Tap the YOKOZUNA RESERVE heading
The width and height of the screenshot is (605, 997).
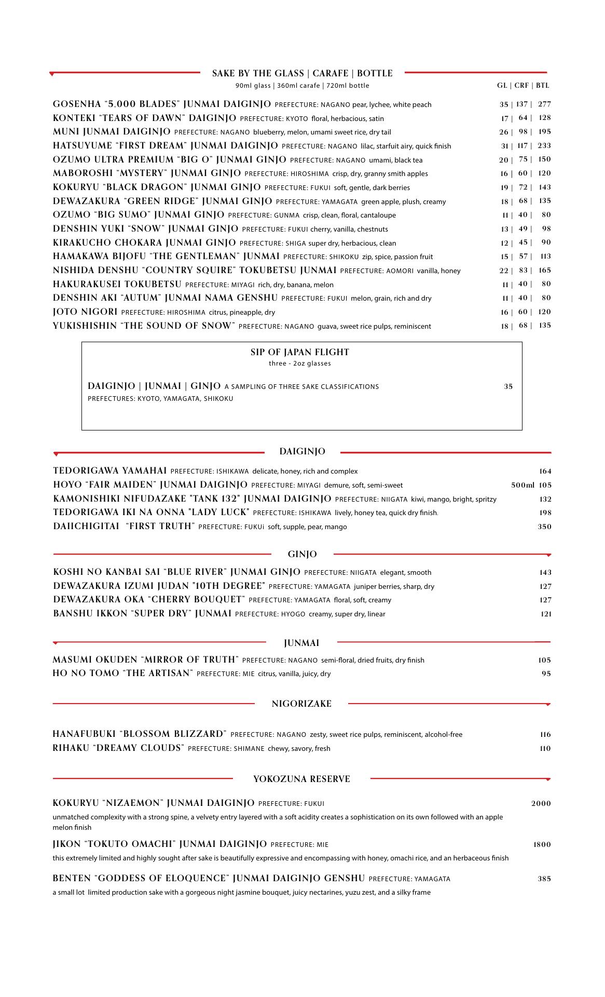(x=301, y=779)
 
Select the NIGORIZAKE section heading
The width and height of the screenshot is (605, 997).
(x=301, y=704)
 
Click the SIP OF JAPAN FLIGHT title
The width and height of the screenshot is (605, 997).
(x=300, y=352)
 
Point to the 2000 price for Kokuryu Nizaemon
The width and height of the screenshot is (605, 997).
(x=541, y=803)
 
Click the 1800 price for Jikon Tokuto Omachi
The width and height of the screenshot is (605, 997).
(x=542, y=844)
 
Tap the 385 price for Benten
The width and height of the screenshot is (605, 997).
(x=544, y=879)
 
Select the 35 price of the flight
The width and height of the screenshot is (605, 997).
(x=508, y=386)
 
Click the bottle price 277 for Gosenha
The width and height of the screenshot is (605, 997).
(x=544, y=104)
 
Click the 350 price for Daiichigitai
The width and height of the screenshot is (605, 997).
(x=544, y=527)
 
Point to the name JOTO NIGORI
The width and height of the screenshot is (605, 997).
(x=85, y=312)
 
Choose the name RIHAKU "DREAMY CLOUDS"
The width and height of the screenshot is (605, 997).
(x=118, y=748)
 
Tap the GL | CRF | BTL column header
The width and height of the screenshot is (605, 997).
(x=523, y=86)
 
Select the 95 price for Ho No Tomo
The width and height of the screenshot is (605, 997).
(x=546, y=673)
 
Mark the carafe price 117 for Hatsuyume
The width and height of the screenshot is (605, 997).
(x=521, y=146)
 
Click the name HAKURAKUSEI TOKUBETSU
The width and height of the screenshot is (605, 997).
(x=117, y=285)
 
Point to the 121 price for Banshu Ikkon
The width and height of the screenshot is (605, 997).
(x=545, y=614)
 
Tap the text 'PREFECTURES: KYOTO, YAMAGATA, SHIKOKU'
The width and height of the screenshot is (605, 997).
(x=160, y=399)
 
